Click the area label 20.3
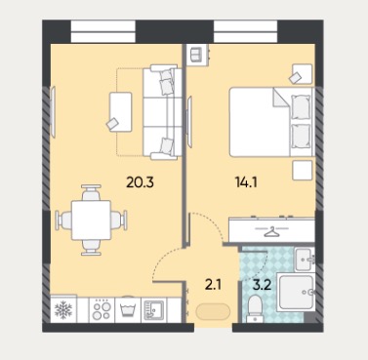(x=140, y=182)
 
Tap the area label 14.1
(x=246, y=182)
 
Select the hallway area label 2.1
(x=213, y=285)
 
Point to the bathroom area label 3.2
(x=263, y=285)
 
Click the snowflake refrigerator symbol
(x=63, y=309)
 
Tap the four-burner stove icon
(x=102, y=309)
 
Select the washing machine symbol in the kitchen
(x=128, y=310)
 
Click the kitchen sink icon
(x=153, y=310)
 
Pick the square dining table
(x=91, y=220)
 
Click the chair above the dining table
(x=91, y=192)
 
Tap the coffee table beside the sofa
(x=121, y=112)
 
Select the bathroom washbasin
(x=306, y=259)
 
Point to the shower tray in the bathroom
(x=297, y=293)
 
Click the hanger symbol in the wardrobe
(x=271, y=231)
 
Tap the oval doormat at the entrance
(x=213, y=312)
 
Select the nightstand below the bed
(x=303, y=170)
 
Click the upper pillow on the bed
(x=301, y=106)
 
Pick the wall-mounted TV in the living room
(x=53, y=110)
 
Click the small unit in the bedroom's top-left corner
(x=197, y=55)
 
